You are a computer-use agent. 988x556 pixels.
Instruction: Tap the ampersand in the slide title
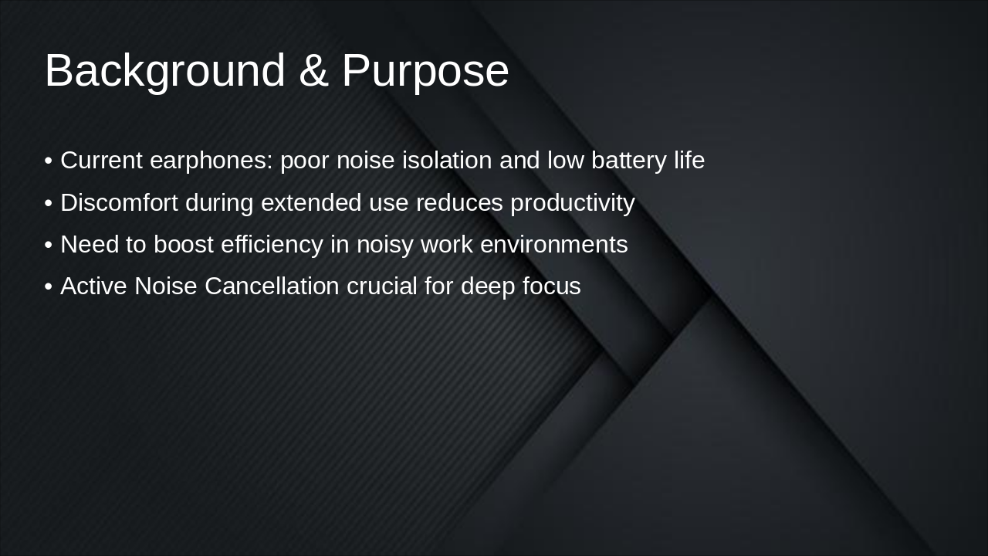click(x=313, y=71)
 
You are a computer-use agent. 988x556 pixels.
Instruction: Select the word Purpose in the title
click(x=425, y=71)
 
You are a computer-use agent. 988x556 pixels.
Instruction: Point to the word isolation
click(x=447, y=161)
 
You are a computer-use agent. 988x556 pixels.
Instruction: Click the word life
click(x=687, y=161)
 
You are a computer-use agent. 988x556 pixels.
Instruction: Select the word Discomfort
click(x=119, y=203)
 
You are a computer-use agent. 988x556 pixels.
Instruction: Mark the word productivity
click(x=572, y=203)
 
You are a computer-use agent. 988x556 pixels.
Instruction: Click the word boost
click(x=183, y=245)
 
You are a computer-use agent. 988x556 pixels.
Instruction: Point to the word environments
click(x=553, y=245)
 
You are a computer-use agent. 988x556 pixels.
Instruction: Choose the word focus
click(x=551, y=286)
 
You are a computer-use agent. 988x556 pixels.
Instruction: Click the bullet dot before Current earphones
click(x=49, y=161)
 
